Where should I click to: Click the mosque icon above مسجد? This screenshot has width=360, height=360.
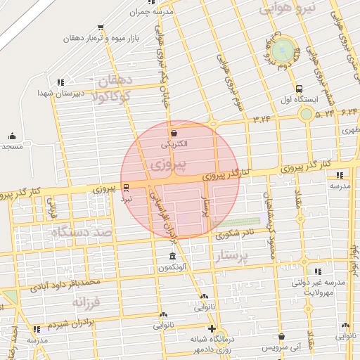tap(11, 136)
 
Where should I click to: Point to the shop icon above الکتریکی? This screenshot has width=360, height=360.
tap(174, 132)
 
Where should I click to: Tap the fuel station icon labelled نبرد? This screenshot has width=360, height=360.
tap(126, 188)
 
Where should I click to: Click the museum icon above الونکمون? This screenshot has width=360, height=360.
tap(173, 254)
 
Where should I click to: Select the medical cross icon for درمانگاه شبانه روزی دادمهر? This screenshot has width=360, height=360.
tap(212, 328)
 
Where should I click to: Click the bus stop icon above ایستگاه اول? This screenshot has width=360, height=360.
tap(300, 89)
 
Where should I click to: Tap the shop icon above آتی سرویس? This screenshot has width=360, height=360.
tap(281, 337)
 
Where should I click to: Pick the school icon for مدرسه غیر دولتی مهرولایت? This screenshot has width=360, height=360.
tap(318, 271)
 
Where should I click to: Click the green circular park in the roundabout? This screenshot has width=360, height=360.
tap(283, 49)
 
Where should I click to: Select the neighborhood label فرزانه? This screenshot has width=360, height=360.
tap(87, 302)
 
